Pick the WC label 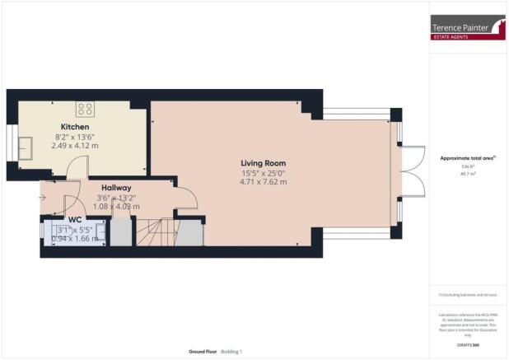[x=75, y=220]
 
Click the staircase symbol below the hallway [x=152, y=233]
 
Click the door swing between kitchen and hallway [x=74, y=169]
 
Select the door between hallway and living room [x=184, y=199]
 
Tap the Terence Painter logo [x=468, y=27]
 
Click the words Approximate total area [x=466, y=157]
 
